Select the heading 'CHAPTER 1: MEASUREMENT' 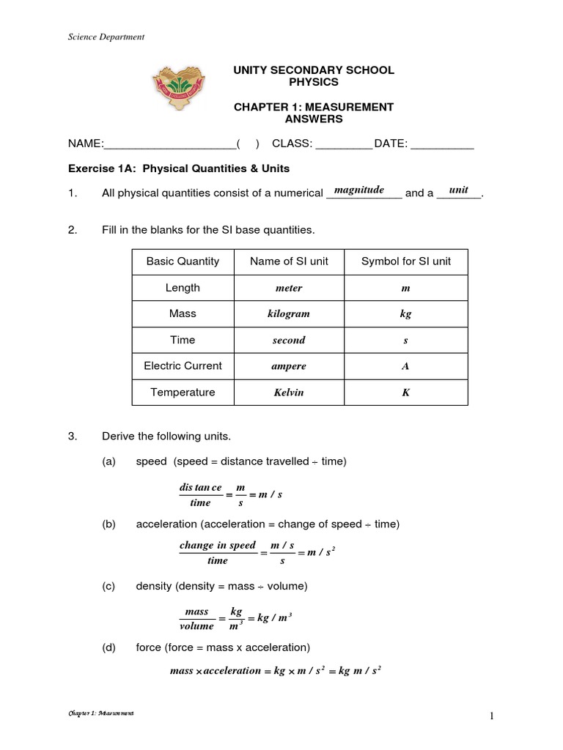pyautogui.click(x=313, y=107)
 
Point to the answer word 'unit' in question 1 pyautogui.click(x=458, y=190)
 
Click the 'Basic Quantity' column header pyautogui.click(x=183, y=261)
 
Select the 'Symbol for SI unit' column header pyautogui.click(x=406, y=261)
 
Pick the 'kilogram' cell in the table pyautogui.click(x=289, y=313)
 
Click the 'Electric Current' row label pyautogui.click(x=183, y=365)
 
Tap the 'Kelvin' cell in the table pyautogui.click(x=289, y=393)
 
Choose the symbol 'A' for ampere pyautogui.click(x=405, y=366)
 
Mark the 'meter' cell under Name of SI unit pyautogui.click(x=289, y=288)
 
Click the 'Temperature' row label pyautogui.click(x=183, y=392)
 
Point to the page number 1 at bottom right pyautogui.click(x=495, y=715)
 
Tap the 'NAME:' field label pyautogui.click(x=87, y=144)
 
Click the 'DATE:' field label pyautogui.click(x=391, y=144)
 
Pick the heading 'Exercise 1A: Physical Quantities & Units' pyautogui.click(x=179, y=168)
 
